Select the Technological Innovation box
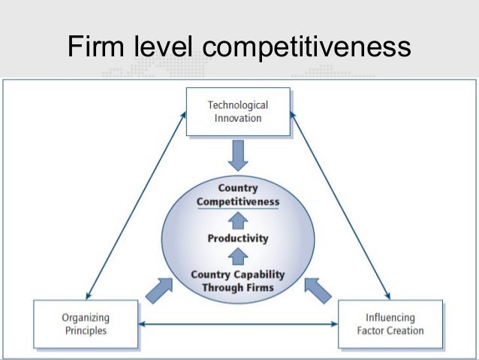[237, 112]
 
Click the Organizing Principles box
[85, 324]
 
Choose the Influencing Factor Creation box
[390, 324]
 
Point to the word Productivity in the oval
[237, 238]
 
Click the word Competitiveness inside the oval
[237, 201]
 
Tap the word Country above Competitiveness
[237, 189]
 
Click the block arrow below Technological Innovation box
[238, 156]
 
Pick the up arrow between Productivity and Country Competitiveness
[238, 219]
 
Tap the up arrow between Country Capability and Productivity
[238, 256]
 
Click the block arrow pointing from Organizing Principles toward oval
[158, 290]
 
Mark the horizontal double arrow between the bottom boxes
[238, 325]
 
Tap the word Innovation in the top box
[237, 118]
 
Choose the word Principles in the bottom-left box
[85, 330]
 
